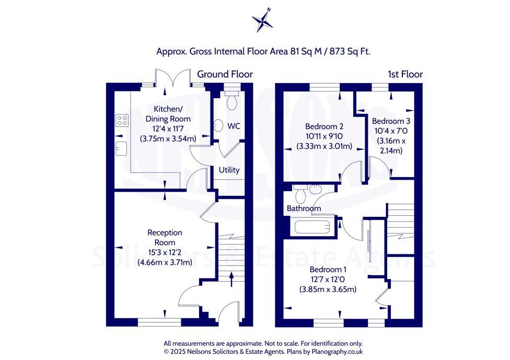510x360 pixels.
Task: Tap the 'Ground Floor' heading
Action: click(x=225, y=74)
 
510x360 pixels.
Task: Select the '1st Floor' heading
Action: click(x=405, y=74)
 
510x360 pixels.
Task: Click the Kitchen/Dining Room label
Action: click(x=164, y=114)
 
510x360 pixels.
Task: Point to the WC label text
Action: click(x=234, y=126)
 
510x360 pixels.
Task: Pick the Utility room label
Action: click(x=229, y=170)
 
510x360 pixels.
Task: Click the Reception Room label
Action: click(x=165, y=237)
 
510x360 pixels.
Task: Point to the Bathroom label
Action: click(x=304, y=208)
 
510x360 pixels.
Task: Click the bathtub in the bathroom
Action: click(x=311, y=227)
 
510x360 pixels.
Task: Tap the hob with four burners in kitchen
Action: click(x=122, y=121)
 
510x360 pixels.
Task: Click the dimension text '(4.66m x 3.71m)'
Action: click(x=165, y=262)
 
